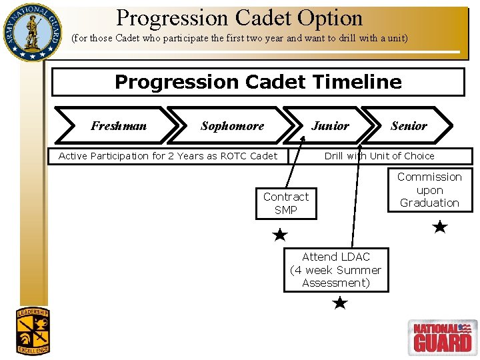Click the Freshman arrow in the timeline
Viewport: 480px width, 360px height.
coord(119,125)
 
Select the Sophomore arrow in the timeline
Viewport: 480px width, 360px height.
coord(232,125)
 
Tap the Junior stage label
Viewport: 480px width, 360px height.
coord(330,125)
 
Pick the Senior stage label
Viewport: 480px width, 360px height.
coord(409,125)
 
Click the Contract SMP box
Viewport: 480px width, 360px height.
coord(286,203)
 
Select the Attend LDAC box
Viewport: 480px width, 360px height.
coord(336,270)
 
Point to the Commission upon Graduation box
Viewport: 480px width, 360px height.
coord(429,190)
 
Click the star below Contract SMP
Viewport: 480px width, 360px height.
coord(281,235)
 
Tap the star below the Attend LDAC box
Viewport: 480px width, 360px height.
coord(339,303)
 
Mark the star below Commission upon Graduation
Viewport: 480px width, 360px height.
coord(439,227)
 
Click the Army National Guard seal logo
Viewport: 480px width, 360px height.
coord(31,31)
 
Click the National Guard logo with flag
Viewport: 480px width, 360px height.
coord(442,337)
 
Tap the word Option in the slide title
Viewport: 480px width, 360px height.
coord(329,18)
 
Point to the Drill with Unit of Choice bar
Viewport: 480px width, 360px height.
coord(379,156)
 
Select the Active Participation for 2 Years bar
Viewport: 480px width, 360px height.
coord(168,156)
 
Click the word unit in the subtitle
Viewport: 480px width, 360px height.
coord(394,38)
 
